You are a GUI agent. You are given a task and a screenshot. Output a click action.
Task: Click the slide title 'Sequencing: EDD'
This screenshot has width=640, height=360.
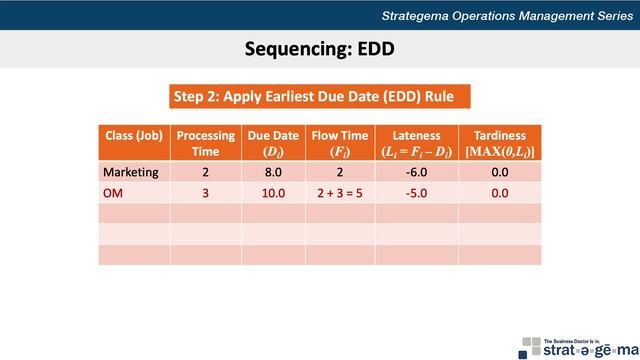[x=319, y=49]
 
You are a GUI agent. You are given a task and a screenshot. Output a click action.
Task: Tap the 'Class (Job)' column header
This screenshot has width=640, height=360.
[x=134, y=135]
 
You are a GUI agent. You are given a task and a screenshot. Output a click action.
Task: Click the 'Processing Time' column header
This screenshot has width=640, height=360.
[x=205, y=142]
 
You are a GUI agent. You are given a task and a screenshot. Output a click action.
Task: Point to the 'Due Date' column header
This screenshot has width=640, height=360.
[x=273, y=142]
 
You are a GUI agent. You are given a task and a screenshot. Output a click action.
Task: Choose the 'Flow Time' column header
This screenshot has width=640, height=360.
[x=339, y=142]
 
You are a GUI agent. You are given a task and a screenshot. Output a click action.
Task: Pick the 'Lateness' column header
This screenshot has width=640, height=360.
[x=416, y=142]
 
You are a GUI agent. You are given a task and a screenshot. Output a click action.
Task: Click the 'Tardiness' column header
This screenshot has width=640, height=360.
[x=499, y=142]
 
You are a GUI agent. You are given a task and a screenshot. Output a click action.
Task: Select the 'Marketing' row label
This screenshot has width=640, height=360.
[x=131, y=172]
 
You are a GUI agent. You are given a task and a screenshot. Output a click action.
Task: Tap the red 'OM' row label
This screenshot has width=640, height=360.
[x=113, y=193]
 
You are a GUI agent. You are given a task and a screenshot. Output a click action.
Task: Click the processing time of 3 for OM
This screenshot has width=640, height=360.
[x=205, y=193]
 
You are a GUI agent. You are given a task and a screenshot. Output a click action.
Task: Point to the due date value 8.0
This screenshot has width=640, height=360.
[x=273, y=172]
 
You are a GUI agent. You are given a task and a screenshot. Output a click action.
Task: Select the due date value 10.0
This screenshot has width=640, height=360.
[x=273, y=193]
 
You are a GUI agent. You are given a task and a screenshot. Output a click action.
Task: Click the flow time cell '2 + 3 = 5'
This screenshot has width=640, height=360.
[x=339, y=193]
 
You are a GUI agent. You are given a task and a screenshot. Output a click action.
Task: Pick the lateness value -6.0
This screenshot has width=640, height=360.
[x=416, y=172]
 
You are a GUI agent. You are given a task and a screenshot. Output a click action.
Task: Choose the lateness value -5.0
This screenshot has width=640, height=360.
[x=416, y=193]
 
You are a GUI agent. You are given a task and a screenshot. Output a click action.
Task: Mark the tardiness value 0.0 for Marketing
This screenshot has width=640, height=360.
[x=499, y=172]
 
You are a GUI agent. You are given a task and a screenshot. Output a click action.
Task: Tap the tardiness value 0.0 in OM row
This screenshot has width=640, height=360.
[x=499, y=193]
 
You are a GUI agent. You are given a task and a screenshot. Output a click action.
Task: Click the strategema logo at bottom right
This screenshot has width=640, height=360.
[x=575, y=345]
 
